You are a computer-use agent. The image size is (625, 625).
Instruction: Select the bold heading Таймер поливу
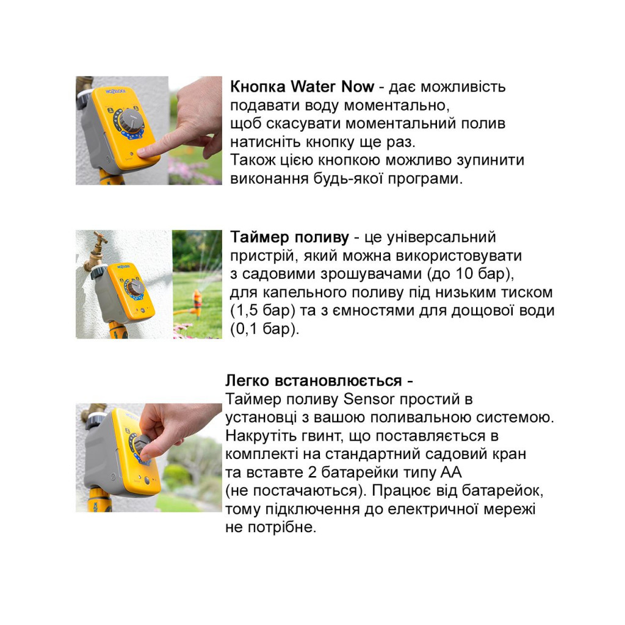coord(290,237)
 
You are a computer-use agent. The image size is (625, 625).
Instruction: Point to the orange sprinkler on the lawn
coord(197,301)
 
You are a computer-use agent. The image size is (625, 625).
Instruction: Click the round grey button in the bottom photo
coord(146,480)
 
